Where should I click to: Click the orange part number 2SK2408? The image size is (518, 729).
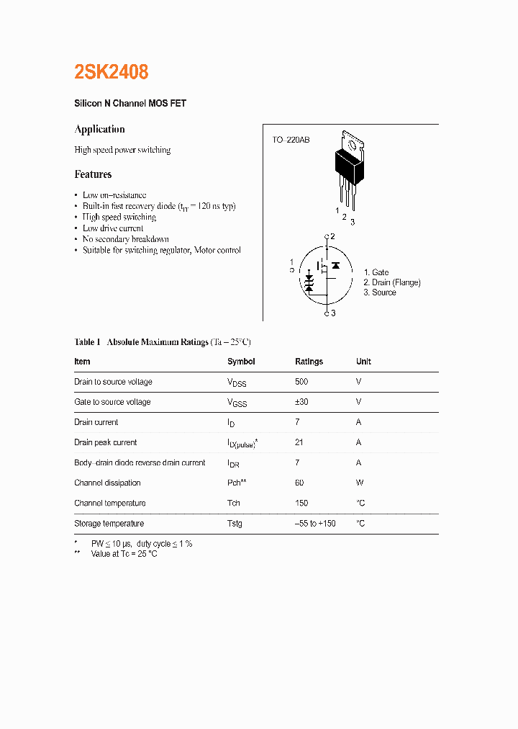point(112,72)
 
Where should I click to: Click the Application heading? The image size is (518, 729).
point(99,130)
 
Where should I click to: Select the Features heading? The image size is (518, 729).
point(93,174)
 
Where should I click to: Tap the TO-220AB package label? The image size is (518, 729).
point(291,140)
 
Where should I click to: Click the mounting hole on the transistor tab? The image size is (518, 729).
point(352,145)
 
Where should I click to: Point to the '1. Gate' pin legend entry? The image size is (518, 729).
point(376,272)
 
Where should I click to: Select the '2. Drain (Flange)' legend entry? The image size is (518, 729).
point(392,282)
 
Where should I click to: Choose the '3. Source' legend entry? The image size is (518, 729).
point(380,292)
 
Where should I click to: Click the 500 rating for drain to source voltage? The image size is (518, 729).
point(301,382)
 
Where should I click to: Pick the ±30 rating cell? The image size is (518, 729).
point(301,402)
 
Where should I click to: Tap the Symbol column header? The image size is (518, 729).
point(241,362)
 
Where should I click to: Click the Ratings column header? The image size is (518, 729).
point(309,362)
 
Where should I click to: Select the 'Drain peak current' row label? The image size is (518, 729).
point(105,442)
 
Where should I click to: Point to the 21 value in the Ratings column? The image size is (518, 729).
point(299,442)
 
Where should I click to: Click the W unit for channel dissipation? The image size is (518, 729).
point(360,483)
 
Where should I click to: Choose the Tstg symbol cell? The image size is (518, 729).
point(235,524)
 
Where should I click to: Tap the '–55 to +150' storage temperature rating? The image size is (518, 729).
point(315,524)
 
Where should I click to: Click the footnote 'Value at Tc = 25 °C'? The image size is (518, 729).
point(124,554)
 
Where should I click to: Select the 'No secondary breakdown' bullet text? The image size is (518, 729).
point(126,239)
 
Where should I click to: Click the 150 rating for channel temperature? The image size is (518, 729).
point(301,503)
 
